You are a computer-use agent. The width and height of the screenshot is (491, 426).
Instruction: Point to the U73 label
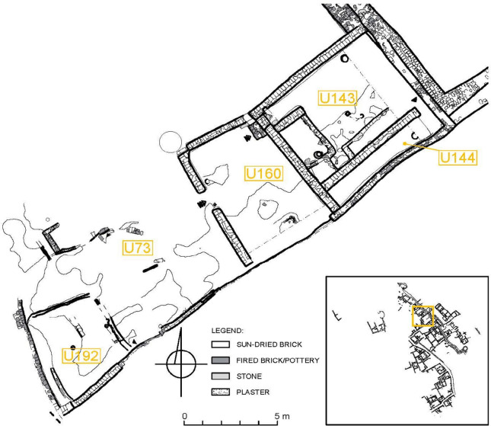138,248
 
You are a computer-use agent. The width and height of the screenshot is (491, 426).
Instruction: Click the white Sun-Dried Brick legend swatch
225,344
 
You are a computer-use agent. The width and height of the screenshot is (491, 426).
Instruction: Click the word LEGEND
228,331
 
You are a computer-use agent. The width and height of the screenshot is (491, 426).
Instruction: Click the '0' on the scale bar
185,416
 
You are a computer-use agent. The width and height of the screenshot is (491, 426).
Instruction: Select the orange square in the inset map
422,316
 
